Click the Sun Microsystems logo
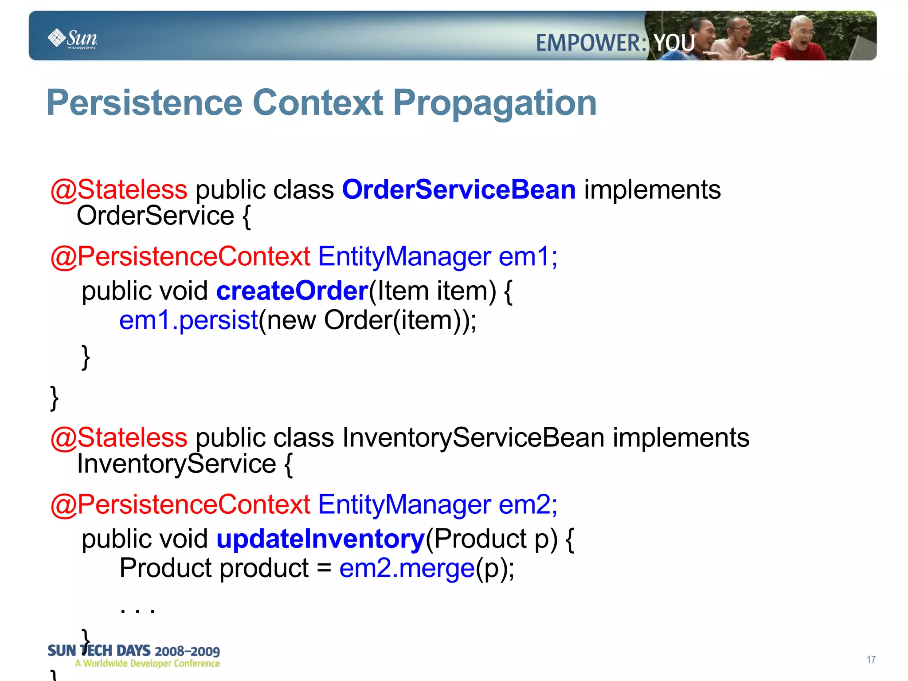click(73, 39)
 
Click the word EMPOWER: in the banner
click(591, 43)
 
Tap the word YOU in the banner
click(674, 43)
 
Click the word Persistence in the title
click(145, 103)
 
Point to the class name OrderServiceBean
click(458, 189)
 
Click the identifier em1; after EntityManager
click(528, 256)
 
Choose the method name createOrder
click(292, 291)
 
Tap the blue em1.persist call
click(189, 320)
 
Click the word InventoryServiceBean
click(473, 437)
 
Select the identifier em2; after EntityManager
click(528, 504)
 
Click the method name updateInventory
click(321, 539)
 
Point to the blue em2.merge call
click(407, 568)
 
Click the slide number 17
click(871, 660)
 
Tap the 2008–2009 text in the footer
click(187, 651)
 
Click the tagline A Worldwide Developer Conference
click(147, 664)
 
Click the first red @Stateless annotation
click(119, 190)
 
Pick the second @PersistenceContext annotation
click(180, 504)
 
